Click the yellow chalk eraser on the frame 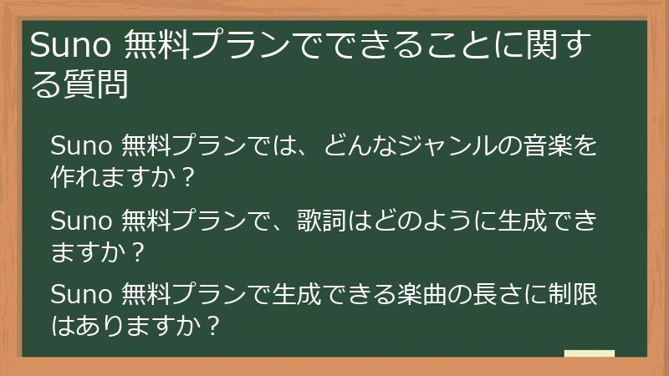click(589, 353)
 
